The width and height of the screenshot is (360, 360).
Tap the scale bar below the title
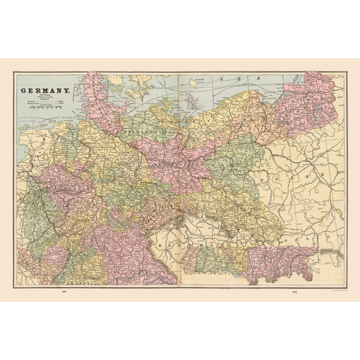[47, 107]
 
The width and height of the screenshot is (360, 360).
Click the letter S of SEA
[222, 79]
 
